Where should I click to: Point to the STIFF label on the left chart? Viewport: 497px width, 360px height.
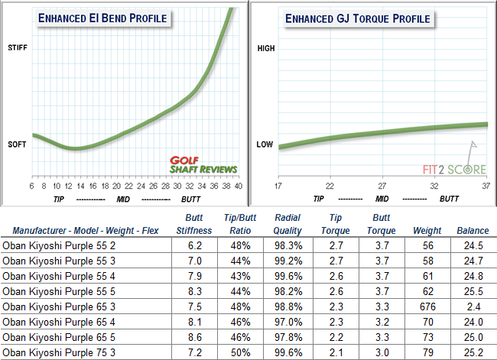tap(16, 48)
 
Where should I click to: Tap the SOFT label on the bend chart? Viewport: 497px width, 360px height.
tap(17, 145)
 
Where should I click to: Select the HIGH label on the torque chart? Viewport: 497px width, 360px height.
tap(265, 48)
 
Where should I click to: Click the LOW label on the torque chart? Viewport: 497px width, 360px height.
tap(265, 144)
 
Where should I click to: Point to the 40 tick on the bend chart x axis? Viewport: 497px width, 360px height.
tap(239, 186)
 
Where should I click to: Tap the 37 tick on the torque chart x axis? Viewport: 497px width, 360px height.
tap(486, 186)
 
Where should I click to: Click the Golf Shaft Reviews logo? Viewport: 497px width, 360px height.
tap(203, 164)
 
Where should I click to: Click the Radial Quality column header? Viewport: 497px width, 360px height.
tap(287, 223)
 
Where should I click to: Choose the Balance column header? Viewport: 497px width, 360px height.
tap(473, 229)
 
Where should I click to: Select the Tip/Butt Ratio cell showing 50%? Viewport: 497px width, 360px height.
tap(242, 352)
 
